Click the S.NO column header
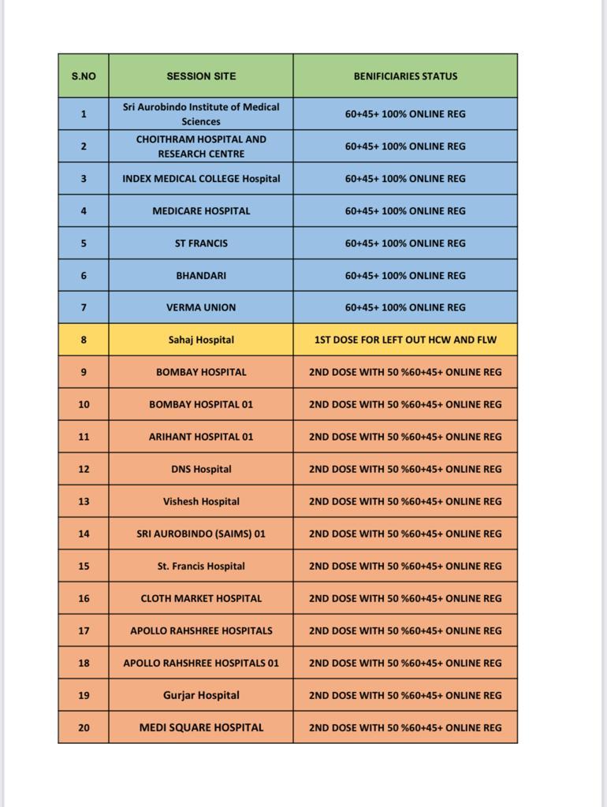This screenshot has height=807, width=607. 84,76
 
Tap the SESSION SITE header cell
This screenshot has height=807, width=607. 201,76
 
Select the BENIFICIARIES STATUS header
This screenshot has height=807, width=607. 405,76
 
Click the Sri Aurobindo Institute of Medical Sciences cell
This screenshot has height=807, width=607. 201,113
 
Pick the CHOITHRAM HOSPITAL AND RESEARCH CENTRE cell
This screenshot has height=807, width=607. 201,146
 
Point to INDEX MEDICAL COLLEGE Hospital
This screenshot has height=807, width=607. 201,179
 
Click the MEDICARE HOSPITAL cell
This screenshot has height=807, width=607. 201,211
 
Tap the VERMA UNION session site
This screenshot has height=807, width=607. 201,307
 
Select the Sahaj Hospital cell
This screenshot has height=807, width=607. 201,340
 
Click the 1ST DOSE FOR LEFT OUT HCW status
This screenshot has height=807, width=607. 405,340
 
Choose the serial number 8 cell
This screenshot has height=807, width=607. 84,340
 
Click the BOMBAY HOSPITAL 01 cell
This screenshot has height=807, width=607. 201,404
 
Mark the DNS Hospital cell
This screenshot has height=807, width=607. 201,469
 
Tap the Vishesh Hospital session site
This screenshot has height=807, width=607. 201,501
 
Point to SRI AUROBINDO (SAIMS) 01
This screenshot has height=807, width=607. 201,534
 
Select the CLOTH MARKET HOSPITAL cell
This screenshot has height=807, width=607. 201,598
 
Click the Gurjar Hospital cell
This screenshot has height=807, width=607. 201,695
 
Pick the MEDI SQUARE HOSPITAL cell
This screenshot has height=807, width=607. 201,727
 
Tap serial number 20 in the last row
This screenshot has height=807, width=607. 84,727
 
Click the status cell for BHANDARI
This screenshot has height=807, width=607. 405,275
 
